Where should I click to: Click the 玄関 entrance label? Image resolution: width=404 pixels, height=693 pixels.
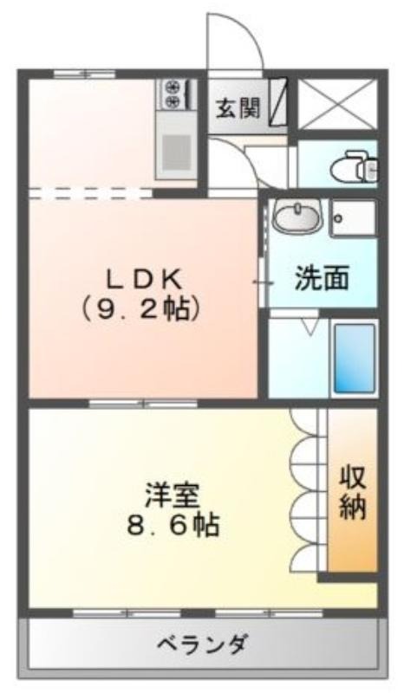238,107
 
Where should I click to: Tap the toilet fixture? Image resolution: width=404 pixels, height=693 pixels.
354,166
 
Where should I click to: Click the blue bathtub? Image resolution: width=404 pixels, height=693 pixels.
355,358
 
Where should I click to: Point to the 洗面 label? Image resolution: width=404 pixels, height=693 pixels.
322,278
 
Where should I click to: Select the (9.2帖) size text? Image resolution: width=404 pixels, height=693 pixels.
139,310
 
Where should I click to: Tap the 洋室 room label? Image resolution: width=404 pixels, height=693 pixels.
173,496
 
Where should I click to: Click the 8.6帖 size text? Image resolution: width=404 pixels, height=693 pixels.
173,526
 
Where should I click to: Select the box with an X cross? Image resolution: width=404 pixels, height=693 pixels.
338,104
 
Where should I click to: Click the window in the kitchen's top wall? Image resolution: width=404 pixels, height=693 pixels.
84,74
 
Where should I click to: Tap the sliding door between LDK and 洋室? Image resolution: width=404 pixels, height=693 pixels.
143,403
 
